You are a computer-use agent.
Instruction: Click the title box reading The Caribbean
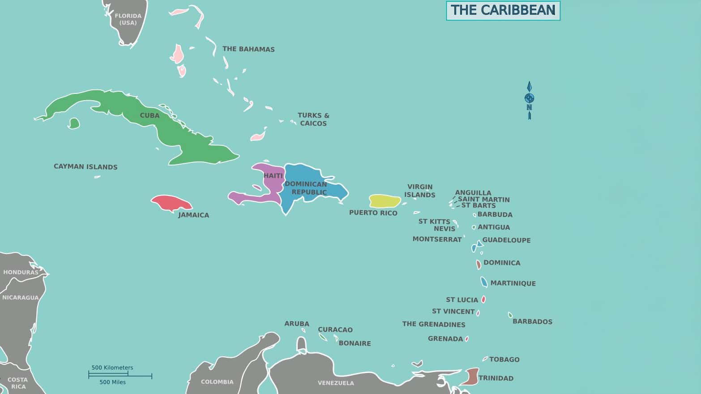pos(503,10)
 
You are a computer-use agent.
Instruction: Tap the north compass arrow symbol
pos(529,99)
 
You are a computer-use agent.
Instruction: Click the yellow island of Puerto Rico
pos(384,201)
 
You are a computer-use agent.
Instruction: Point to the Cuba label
pos(150,115)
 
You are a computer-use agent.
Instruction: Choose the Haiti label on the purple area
pos(273,176)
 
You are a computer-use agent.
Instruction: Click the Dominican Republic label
pos(306,188)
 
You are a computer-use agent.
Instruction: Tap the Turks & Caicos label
pos(313,119)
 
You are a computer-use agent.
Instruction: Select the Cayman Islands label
pos(85,167)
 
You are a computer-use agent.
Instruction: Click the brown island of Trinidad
pos(470,377)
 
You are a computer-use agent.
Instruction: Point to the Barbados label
pos(532,322)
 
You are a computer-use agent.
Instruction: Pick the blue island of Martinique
pos(484,282)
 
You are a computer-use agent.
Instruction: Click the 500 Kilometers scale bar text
pos(112,368)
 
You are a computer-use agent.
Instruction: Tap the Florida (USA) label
pos(128,19)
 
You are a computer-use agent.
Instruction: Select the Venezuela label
pos(336,383)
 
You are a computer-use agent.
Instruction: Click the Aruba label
pos(297,324)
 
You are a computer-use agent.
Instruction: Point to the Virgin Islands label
pos(420,191)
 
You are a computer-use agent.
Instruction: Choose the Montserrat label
pos(437,239)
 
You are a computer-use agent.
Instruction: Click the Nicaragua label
pos(21,297)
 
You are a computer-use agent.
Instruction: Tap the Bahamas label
pos(248,49)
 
